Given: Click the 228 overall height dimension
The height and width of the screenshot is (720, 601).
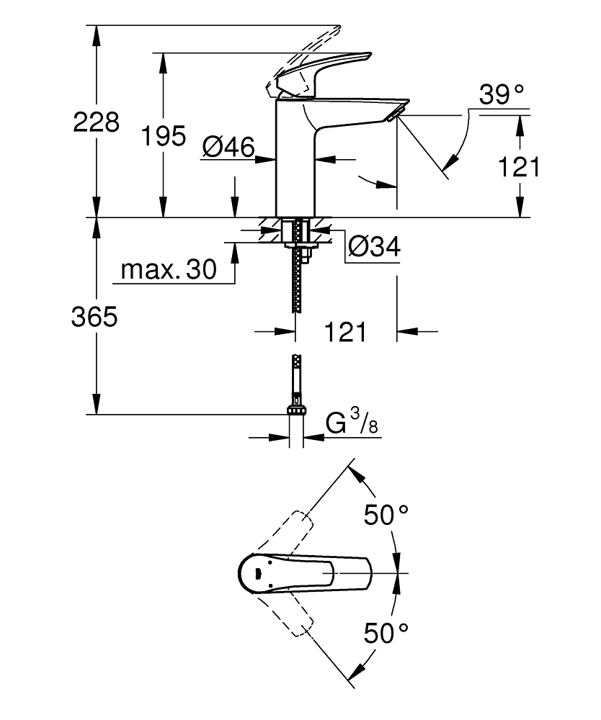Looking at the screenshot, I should [96, 122].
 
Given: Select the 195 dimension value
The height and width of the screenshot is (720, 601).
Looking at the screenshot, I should [164, 135].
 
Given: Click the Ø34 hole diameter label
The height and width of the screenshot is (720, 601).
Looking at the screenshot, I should [373, 247].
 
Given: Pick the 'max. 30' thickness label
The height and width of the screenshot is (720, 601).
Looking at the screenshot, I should [169, 270].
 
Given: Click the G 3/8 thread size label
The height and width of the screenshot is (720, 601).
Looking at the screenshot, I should [352, 423].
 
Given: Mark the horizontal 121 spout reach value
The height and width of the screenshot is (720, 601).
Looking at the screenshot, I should [344, 332].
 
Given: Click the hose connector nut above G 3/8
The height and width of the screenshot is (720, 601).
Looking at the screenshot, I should [296, 410].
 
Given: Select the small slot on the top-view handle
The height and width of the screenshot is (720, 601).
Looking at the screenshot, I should [255, 574].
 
